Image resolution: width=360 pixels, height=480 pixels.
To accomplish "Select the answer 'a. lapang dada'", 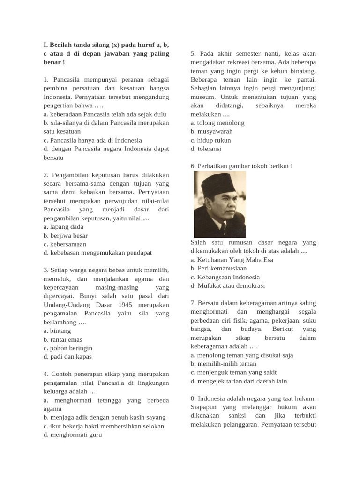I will coord(63,227).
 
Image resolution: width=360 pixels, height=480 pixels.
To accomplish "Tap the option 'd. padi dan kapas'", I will coord(67,357).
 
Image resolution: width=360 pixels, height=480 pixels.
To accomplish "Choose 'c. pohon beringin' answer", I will coord(68,348).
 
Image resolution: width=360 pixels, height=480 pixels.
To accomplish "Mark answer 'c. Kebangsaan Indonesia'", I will coord(225,277).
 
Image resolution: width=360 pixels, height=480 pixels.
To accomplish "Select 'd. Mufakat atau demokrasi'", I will coord(228,285).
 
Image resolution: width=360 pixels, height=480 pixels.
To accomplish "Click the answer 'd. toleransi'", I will coord(206,149).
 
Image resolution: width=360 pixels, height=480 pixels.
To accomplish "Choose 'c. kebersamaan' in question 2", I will coord(65,244).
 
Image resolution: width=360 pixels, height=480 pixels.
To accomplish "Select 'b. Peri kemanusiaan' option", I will coord(218,268).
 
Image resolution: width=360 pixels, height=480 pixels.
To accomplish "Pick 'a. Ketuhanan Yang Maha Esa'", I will coord(232,260).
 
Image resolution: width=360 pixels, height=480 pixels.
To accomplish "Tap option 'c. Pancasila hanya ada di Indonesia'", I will coord(92,140).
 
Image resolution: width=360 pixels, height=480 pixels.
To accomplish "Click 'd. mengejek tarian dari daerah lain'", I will coord(239,381).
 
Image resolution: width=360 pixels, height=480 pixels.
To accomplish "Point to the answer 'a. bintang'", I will coord(57,330).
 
